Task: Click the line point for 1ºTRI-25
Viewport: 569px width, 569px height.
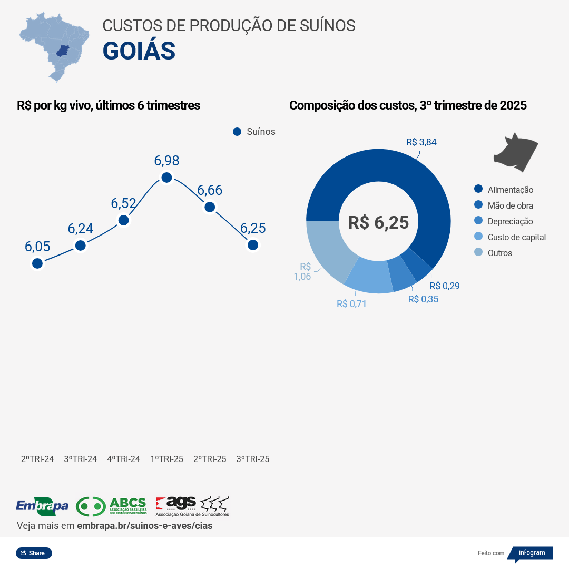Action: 166,178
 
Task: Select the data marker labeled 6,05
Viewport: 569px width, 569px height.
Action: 37,263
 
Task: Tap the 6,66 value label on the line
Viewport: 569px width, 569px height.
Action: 210,190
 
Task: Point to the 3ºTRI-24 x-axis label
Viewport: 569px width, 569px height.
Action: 80,459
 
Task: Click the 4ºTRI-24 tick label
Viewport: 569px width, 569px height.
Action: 123,459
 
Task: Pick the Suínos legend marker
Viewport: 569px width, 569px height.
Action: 237,132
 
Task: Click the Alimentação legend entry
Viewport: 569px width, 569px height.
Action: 510,190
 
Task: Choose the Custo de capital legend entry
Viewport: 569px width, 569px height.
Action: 516,237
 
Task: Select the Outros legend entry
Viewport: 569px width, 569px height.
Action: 499,253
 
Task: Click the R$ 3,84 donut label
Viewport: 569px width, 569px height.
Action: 421,142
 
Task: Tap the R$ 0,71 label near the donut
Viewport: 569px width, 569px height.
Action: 351,303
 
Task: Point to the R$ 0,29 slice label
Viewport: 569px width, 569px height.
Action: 444,286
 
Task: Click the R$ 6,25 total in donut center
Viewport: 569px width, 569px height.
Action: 378,222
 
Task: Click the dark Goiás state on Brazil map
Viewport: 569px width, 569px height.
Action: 63,52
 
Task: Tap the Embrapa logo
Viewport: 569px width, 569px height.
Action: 42,506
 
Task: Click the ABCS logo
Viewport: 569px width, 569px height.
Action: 111,506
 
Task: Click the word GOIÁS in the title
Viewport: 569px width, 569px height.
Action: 139,51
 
